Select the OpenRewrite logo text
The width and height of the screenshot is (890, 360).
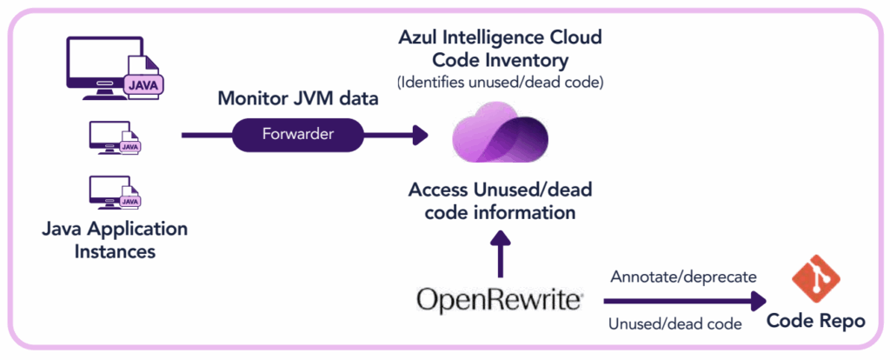tap(499, 300)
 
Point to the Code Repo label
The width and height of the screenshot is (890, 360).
tap(815, 321)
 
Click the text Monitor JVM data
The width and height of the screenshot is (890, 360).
tap(297, 98)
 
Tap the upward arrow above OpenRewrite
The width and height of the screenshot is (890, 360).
tap(500, 251)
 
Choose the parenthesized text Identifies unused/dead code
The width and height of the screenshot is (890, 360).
tap(500, 83)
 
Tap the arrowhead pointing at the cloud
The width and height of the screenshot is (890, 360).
tap(421, 136)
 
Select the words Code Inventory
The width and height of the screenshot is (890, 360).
tap(500, 61)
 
